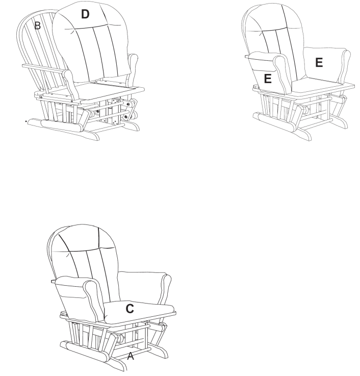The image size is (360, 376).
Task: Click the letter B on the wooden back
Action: [x=37, y=26]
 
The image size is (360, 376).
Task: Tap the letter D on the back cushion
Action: [x=85, y=15]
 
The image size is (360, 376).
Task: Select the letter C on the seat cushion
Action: [x=130, y=309]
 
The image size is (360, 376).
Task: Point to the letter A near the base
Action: [x=131, y=357]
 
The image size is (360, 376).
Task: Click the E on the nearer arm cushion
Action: [x=268, y=79]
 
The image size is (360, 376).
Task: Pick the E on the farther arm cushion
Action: [x=319, y=62]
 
